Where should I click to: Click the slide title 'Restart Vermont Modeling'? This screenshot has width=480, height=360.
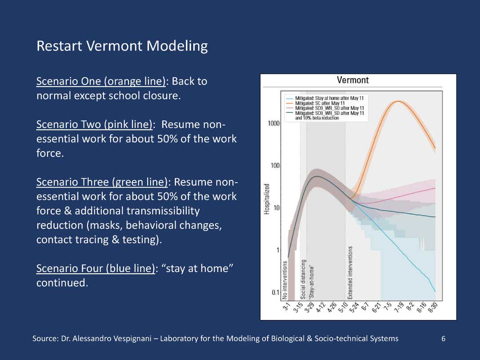(x=122, y=46)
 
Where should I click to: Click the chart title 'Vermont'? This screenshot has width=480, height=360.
(x=352, y=80)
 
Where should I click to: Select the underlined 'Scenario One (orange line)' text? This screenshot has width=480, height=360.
(x=101, y=81)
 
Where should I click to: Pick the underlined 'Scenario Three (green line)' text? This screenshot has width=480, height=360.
(x=102, y=182)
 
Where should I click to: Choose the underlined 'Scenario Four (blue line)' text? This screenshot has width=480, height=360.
(x=96, y=268)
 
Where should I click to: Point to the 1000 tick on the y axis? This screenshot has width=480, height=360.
(x=274, y=124)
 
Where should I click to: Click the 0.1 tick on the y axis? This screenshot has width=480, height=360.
(x=276, y=292)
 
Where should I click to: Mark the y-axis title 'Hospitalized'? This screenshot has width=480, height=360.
(x=267, y=199)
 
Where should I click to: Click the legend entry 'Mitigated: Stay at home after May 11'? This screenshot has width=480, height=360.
(x=329, y=98)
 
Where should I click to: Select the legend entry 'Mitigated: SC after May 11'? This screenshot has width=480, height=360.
(x=320, y=103)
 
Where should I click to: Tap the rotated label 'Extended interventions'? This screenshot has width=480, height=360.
(x=350, y=273)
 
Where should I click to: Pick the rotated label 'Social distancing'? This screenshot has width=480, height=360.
(x=303, y=280)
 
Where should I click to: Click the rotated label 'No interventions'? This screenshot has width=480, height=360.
(x=285, y=280)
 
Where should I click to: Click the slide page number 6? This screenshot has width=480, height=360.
(x=443, y=339)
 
